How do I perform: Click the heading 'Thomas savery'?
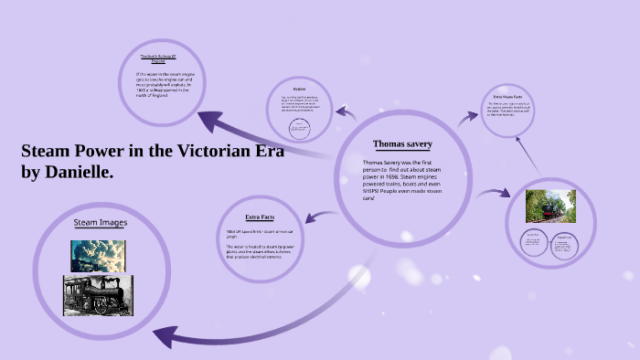tap(402, 144)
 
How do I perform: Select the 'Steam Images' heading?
tap(100, 222)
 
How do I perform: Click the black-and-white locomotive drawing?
tap(97, 295)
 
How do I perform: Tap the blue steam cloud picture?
tap(98, 256)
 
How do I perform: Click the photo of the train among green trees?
tap(549, 206)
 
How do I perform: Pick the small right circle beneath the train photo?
tap(564, 243)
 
